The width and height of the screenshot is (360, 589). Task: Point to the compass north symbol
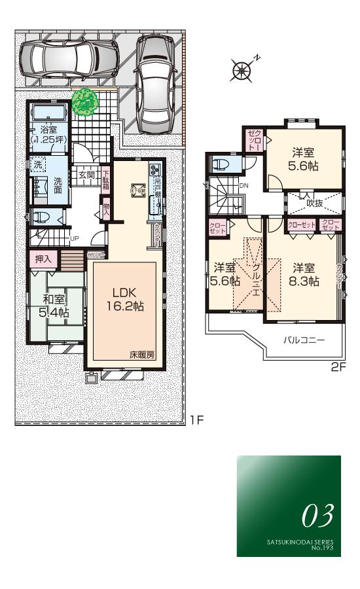pos(243,68)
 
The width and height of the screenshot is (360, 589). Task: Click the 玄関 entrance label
pos(86,175)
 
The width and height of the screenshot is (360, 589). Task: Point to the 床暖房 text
pos(141,353)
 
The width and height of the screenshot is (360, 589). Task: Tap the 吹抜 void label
pos(315,203)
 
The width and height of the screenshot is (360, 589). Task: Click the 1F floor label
pos(197,420)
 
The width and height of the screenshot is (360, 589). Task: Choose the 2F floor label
pos(337,368)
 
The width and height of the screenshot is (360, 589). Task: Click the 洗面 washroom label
pos(59,185)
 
